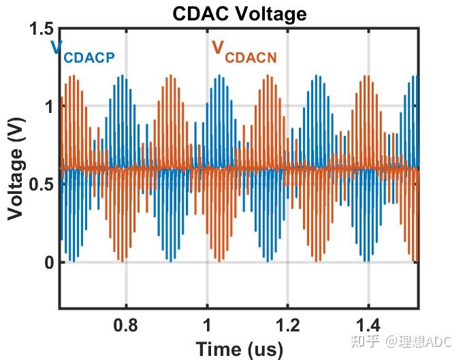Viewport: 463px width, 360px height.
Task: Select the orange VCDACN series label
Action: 244,52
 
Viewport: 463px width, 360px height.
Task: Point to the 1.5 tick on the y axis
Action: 40,29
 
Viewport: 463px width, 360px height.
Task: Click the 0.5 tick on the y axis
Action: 40,185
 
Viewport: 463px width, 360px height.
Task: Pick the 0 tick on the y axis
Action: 48,263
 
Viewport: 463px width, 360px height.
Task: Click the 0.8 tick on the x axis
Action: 125,325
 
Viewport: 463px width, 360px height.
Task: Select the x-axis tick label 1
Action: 207,325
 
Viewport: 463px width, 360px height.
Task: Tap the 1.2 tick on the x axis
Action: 287,325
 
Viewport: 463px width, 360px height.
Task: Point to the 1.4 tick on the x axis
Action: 368,325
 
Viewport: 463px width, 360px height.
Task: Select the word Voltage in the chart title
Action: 268,13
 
